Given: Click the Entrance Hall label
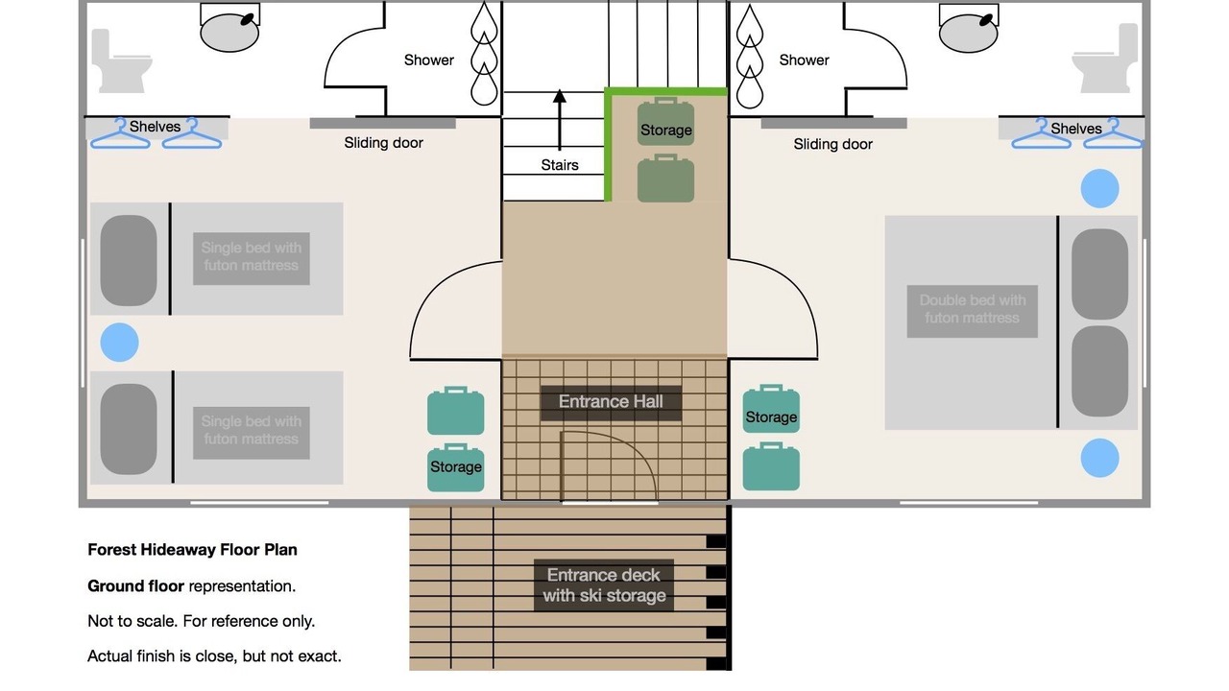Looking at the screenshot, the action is (611, 402).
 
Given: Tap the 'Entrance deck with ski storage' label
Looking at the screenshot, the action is (604, 585).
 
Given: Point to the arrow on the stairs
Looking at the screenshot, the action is (559, 120).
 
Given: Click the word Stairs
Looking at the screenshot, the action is (560, 165).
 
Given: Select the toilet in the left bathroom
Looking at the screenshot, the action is (120, 60).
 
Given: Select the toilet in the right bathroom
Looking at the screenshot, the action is (1105, 59).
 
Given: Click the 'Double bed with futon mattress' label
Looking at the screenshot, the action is (973, 309).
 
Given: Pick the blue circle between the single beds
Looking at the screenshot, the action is (119, 343).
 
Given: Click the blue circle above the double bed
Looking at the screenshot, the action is (1099, 189).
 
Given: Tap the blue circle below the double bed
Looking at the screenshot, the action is (1099, 458).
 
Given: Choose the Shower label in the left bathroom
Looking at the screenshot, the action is (428, 60).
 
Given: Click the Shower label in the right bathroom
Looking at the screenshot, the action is (804, 60).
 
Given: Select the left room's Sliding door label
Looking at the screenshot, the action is (383, 143).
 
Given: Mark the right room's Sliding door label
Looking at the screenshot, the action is (832, 144).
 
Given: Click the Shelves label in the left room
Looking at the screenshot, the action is (155, 127).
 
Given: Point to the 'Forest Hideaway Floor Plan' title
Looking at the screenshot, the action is (192, 550).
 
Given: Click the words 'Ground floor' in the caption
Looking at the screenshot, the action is (135, 586).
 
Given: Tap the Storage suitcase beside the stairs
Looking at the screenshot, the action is (665, 122).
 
